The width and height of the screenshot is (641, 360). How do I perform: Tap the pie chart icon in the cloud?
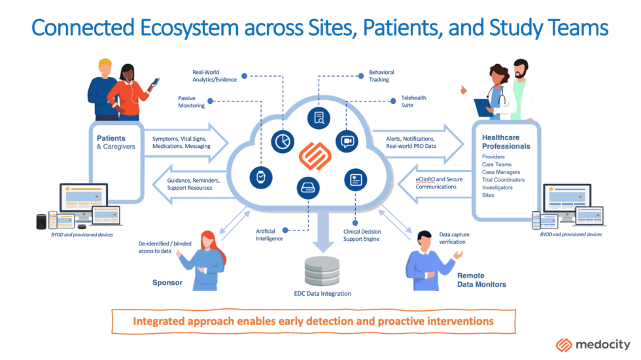(x=282, y=141)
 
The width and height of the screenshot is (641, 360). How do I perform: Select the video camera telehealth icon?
(x=347, y=141)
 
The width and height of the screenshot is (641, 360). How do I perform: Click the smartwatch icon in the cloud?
(x=261, y=177)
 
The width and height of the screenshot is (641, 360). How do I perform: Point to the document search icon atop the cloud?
(x=319, y=118)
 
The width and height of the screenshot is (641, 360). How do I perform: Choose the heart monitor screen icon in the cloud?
(x=356, y=179)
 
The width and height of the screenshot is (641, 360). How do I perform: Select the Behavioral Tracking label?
(x=381, y=76)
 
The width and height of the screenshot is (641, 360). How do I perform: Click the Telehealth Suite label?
(x=413, y=101)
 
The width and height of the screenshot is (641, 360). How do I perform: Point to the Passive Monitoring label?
(x=192, y=101)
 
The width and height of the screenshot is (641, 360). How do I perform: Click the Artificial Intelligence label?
(x=269, y=234)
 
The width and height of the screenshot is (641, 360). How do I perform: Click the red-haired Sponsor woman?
(x=207, y=259)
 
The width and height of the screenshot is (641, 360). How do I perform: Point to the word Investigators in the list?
(x=497, y=187)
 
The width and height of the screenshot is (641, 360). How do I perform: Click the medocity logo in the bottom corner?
(x=593, y=344)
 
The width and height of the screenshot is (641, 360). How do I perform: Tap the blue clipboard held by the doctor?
(x=483, y=107)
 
